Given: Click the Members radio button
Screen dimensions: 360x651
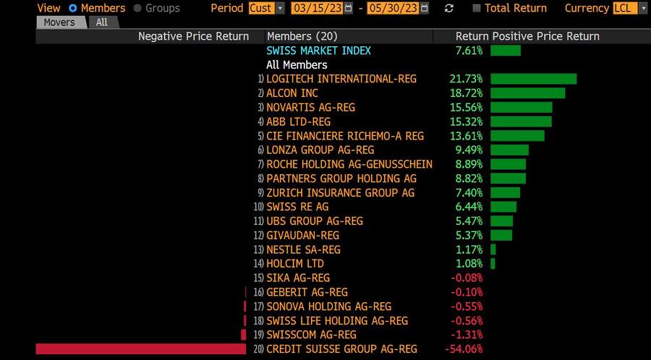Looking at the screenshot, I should [x=72, y=8].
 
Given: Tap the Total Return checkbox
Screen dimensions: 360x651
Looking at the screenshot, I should [x=476, y=8].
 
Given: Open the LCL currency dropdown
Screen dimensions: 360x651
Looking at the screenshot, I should [x=642, y=8].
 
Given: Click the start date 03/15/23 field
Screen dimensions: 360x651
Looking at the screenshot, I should [x=317, y=8].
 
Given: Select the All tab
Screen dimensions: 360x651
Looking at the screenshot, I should [x=102, y=22].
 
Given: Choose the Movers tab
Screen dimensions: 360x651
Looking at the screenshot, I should [x=59, y=22].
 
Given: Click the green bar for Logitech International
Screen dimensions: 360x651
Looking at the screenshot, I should [x=533, y=79].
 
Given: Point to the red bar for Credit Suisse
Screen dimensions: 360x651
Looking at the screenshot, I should [x=141, y=349].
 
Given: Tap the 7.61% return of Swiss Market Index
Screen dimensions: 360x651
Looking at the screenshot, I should [x=469, y=51].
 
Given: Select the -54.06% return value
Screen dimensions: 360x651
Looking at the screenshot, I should [x=467, y=349].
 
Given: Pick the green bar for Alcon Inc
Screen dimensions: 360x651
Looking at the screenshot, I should [x=527, y=93].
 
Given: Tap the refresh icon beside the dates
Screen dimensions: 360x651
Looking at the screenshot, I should [x=449, y=8].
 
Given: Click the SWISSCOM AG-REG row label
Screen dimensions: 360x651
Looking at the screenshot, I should [x=311, y=335].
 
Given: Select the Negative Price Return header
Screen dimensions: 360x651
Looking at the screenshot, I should [x=193, y=36].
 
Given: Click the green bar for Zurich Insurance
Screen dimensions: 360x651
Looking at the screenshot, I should [x=505, y=192].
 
